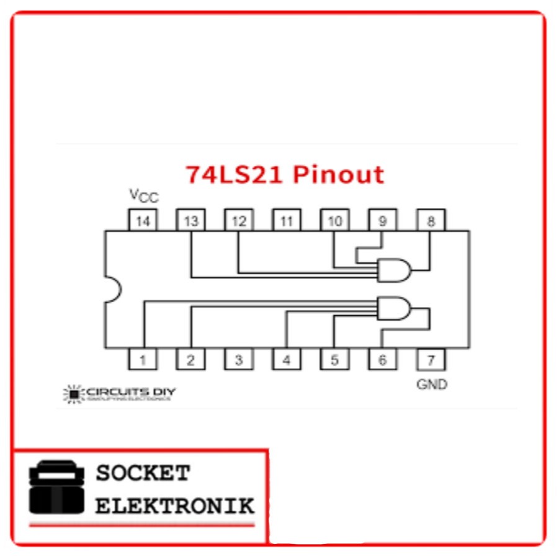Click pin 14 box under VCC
click(x=143, y=220)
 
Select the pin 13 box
click(x=190, y=220)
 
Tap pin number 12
click(x=238, y=220)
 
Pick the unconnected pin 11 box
click(x=286, y=220)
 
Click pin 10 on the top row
click(x=334, y=220)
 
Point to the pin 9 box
click(x=382, y=220)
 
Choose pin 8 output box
click(x=431, y=220)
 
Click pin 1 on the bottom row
click(x=143, y=359)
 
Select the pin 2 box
click(x=190, y=359)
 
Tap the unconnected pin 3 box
click(x=238, y=359)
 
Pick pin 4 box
click(x=286, y=359)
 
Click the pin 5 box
click(x=334, y=359)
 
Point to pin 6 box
click(x=382, y=359)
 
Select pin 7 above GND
click(x=431, y=359)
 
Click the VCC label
click(x=144, y=197)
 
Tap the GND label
click(x=431, y=385)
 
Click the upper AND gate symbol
click(x=395, y=270)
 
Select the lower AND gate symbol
click(x=395, y=308)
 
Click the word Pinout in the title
click(x=338, y=174)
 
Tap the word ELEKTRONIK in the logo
click(x=174, y=506)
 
